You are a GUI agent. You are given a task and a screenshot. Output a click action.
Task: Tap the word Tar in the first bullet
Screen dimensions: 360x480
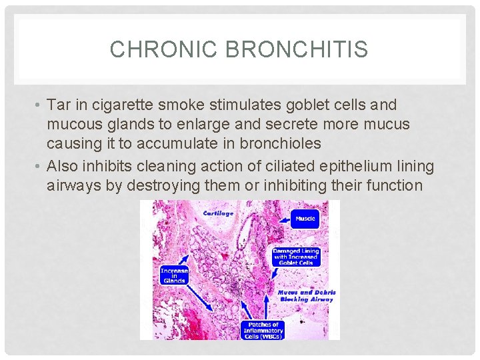click(x=58, y=105)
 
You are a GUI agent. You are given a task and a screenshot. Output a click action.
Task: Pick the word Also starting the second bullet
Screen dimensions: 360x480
click(x=62, y=166)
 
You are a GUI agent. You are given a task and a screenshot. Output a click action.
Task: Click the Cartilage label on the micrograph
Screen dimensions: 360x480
click(x=217, y=213)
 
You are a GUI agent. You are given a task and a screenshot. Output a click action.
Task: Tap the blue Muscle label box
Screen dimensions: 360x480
click(x=305, y=218)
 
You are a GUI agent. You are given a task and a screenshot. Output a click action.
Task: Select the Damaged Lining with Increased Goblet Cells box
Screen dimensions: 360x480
click(x=295, y=257)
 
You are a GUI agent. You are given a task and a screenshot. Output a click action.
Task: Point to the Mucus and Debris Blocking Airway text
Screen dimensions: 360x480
click(x=306, y=296)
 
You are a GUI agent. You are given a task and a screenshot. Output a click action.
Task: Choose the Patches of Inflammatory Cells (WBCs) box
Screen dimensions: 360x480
click(x=261, y=330)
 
